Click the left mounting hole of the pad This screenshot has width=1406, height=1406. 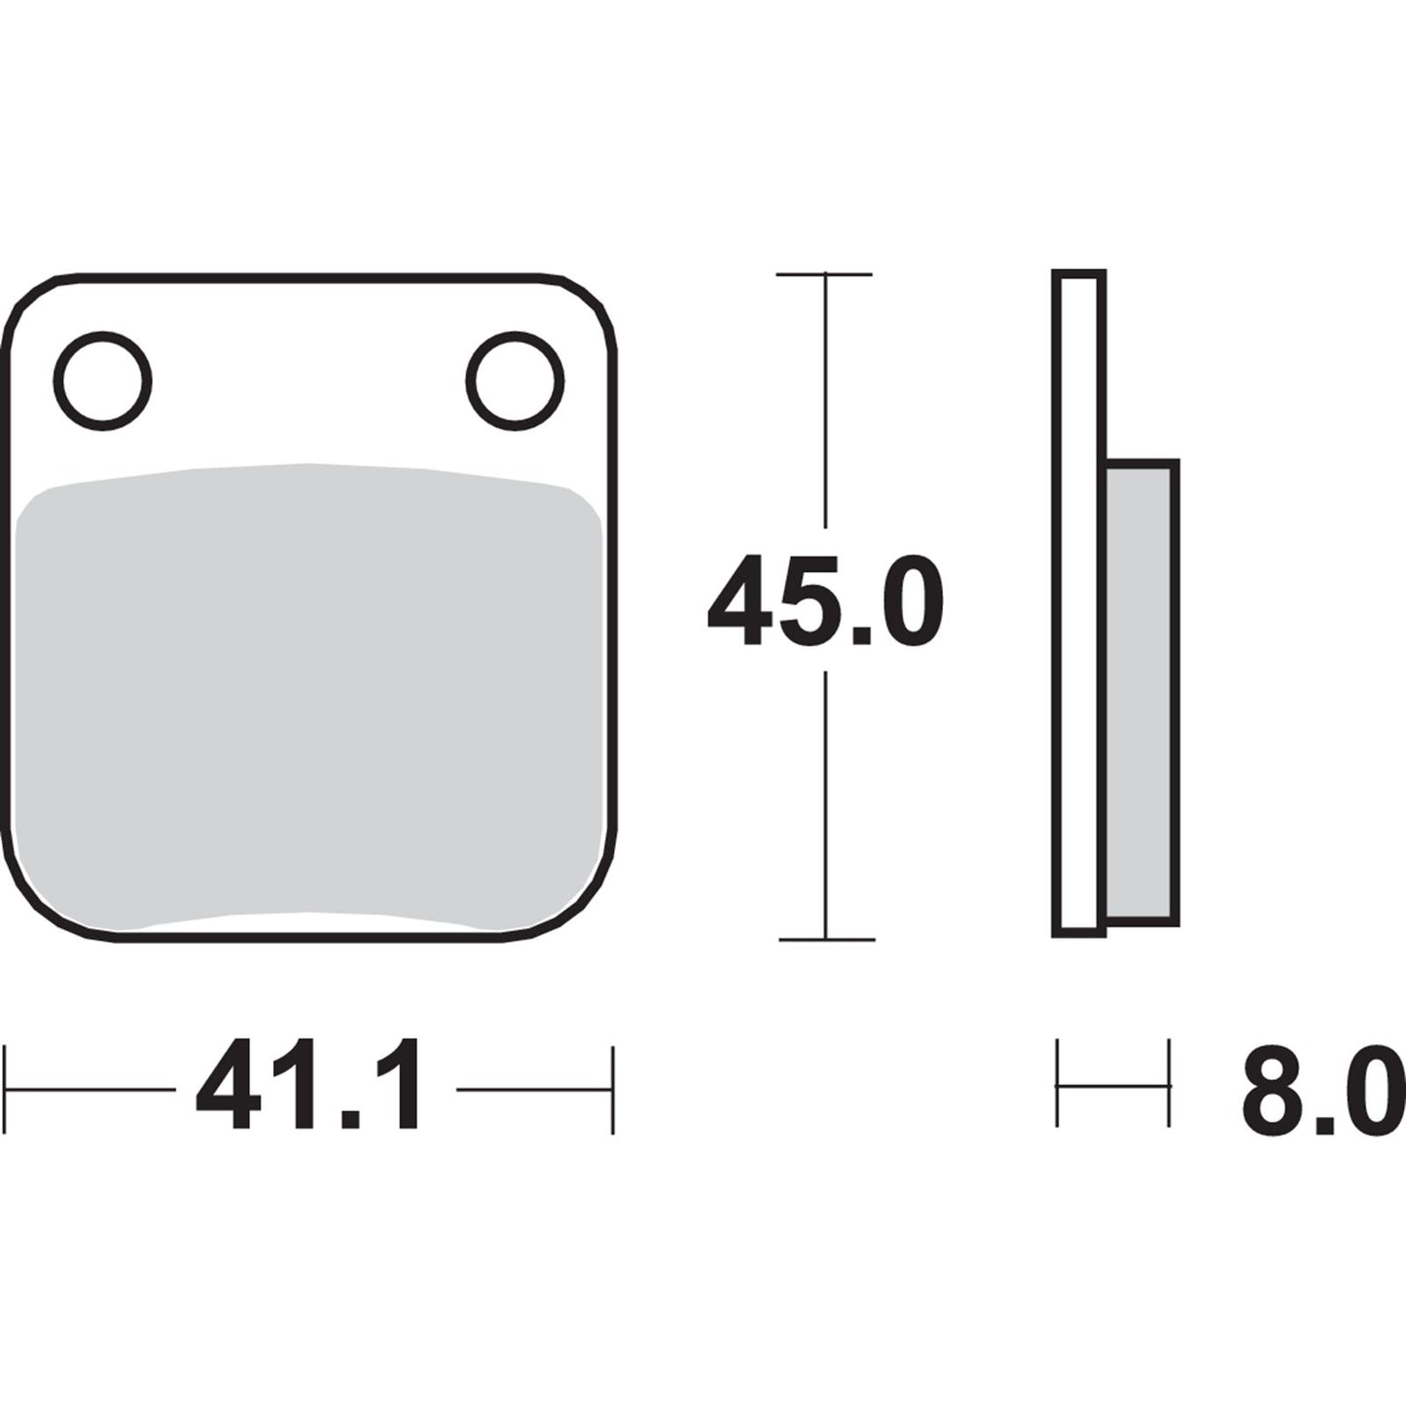(103, 380)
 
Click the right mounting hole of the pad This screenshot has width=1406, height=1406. (515, 380)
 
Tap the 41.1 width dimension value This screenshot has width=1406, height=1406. (309, 1087)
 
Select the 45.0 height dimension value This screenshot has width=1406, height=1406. (825, 600)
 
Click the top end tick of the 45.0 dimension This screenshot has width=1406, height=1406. (824, 274)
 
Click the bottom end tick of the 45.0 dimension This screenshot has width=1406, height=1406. (826, 940)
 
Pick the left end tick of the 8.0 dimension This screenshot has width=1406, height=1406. (1058, 1084)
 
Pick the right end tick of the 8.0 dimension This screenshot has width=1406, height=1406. (1169, 1084)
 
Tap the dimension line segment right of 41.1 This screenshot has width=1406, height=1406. (533, 1089)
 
